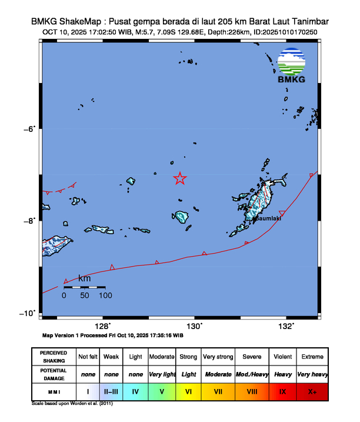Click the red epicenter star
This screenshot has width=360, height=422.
pos(180,178)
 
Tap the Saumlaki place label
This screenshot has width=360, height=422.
pos(268,219)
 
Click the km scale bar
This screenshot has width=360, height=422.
pos(85,287)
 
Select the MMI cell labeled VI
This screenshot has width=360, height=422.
pos(188,391)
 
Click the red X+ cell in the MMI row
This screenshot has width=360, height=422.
pos(312,391)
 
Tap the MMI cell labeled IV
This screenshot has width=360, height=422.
pos(136,391)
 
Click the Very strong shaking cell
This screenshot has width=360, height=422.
pos(218,357)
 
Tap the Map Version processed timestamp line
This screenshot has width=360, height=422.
pos(113,335)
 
